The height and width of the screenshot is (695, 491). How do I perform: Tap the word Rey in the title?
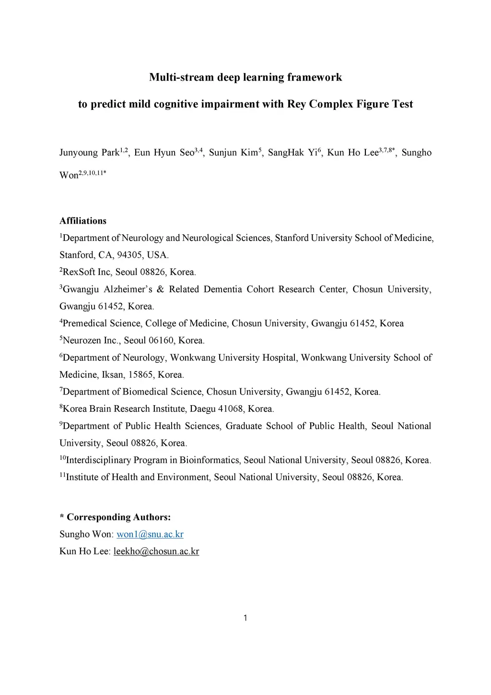coord(296,104)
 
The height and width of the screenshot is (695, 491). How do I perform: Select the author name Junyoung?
coord(78,153)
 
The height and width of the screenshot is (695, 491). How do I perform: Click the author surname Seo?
coord(187,153)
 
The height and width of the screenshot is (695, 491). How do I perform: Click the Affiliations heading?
coord(83,221)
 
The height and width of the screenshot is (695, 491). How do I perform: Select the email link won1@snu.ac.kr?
coord(150,534)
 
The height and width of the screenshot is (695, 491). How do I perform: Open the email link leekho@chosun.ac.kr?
coord(156,551)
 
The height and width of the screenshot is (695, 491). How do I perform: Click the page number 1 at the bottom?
coord(245,618)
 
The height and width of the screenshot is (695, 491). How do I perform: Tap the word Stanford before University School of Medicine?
coord(292,238)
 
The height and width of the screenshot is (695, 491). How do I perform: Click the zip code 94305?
coord(129,255)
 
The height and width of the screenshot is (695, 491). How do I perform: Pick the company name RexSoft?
coord(79,272)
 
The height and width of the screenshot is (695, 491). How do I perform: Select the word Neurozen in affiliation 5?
coord(82,341)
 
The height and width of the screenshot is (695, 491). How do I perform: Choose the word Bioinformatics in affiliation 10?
coord(210,460)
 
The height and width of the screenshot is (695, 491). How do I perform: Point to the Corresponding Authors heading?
coord(118,517)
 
